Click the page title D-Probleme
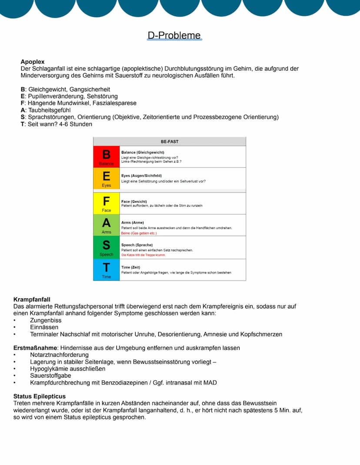[x=174, y=35]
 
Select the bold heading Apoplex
[x=33, y=62]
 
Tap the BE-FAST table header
[x=170, y=141]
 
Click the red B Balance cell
[x=106, y=157]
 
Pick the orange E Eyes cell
[x=106, y=179]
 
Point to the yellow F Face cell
[x=106, y=203]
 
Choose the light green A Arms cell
[x=106, y=225]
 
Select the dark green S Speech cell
[x=106, y=247]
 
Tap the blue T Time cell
[x=106, y=270]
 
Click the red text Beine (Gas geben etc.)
[x=139, y=233]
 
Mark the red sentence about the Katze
[x=143, y=255]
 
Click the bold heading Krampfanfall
[x=32, y=299]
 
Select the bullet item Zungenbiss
[x=44, y=320]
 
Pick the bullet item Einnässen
[x=44, y=327]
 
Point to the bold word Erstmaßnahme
[x=35, y=348]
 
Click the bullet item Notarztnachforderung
[x=59, y=355]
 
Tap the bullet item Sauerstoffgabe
[x=50, y=376]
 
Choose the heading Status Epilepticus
[x=40, y=396]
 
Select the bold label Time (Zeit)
[x=130, y=267]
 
